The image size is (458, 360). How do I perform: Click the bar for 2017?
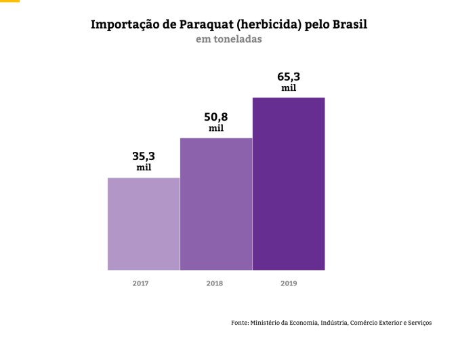pyautogui.click(x=144, y=224)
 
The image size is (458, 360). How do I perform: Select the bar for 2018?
pyautogui.click(x=216, y=203)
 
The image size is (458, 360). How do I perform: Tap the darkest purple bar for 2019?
pyautogui.click(x=289, y=183)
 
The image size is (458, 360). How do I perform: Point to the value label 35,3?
pyautogui.click(x=144, y=155)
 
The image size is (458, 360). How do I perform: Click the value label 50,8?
pyautogui.click(x=216, y=116)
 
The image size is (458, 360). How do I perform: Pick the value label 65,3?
pyautogui.click(x=289, y=76)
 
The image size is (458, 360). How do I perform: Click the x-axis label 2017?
pyautogui.click(x=140, y=283)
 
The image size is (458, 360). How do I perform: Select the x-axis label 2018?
pyautogui.click(x=214, y=283)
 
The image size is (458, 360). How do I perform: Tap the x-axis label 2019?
pyautogui.click(x=289, y=283)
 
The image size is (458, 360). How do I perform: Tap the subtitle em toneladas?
pyautogui.click(x=228, y=39)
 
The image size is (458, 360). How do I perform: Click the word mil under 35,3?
pyautogui.click(x=144, y=167)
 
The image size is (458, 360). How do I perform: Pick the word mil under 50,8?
pyautogui.click(x=216, y=128)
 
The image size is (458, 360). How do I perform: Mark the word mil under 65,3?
pyautogui.click(x=289, y=88)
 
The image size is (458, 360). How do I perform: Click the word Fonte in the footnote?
pyautogui.click(x=240, y=323)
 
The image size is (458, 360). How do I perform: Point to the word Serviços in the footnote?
pyautogui.click(x=417, y=323)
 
